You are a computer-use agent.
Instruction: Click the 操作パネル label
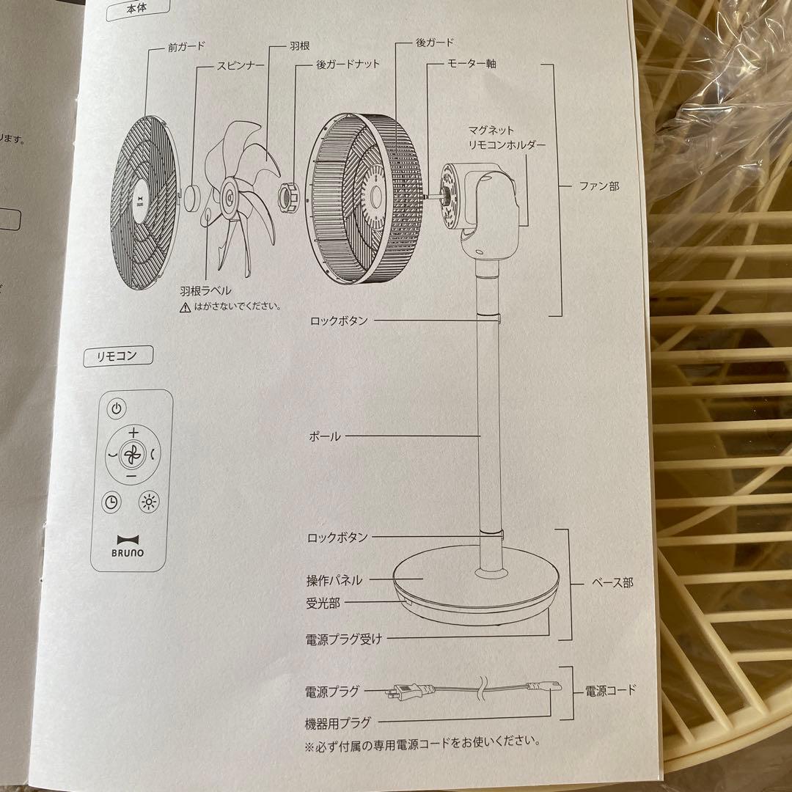pos(334,580)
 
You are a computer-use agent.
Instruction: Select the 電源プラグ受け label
pos(344,638)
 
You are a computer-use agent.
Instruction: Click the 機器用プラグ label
pos(338,722)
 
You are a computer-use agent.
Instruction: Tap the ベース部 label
pos(612,583)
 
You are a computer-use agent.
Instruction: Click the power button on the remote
pos(118,408)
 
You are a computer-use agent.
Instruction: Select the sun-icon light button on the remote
pos(149,502)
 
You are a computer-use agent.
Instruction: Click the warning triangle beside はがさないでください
pos(184,307)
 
